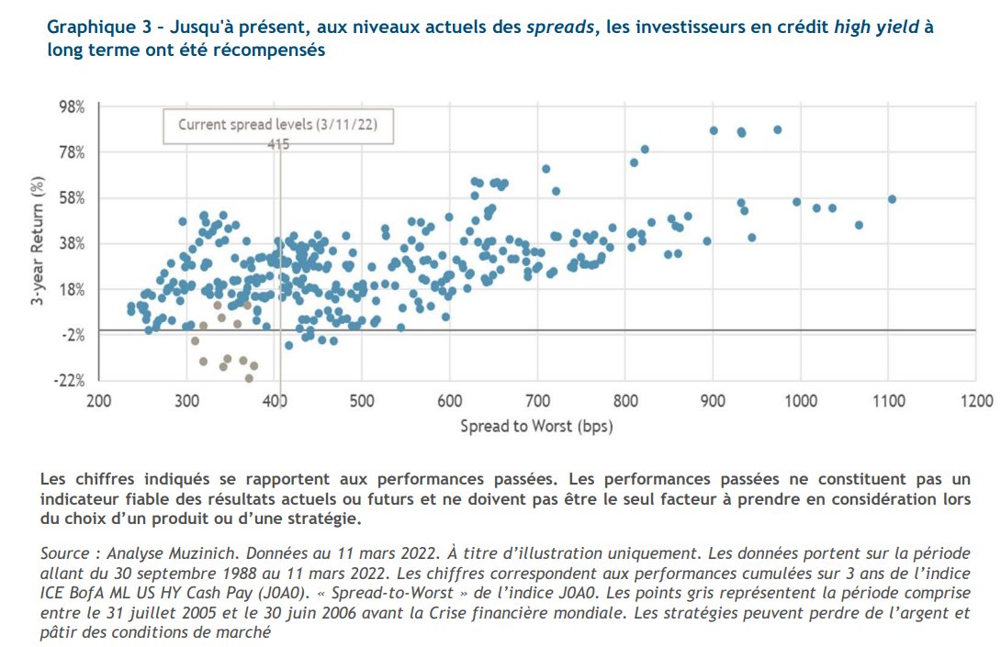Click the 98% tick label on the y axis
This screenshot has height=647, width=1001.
click(72, 106)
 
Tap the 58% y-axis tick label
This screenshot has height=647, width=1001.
click(72, 197)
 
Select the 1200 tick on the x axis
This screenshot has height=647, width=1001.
click(976, 401)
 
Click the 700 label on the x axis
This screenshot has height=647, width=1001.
click(537, 401)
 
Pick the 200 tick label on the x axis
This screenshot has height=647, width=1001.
click(99, 401)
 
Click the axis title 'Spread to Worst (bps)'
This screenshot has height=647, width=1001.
click(536, 426)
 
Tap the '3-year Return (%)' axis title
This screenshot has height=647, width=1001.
click(39, 243)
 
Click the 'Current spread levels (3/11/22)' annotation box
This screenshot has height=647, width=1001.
click(278, 126)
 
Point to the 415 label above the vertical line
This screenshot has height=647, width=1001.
click(278, 144)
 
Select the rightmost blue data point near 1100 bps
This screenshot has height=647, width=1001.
click(892, 199)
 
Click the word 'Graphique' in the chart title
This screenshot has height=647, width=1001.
click(85, 28)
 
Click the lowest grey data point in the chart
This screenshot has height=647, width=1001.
click(249, 378)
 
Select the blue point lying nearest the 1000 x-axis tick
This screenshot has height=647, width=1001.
click(796, 202)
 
